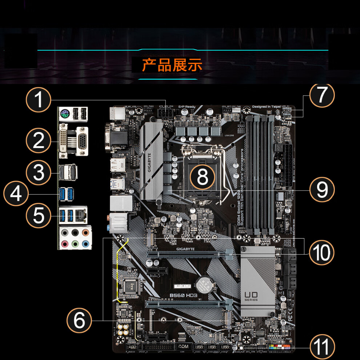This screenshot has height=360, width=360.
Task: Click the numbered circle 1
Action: click(x=39, y=100)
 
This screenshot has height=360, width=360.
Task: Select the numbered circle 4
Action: click(x=16, y=194)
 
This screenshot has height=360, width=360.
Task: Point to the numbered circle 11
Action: click(x=321, y=347)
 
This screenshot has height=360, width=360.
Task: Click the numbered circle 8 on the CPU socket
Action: click(x=203, y=177)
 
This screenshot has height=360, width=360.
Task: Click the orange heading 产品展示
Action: click(x=172, y=65)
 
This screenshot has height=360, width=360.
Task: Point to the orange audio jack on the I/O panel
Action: click(x=85, y=232)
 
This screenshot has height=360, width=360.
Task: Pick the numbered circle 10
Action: click(x=321, y=252)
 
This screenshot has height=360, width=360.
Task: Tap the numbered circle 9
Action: click(x=321, y=189)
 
